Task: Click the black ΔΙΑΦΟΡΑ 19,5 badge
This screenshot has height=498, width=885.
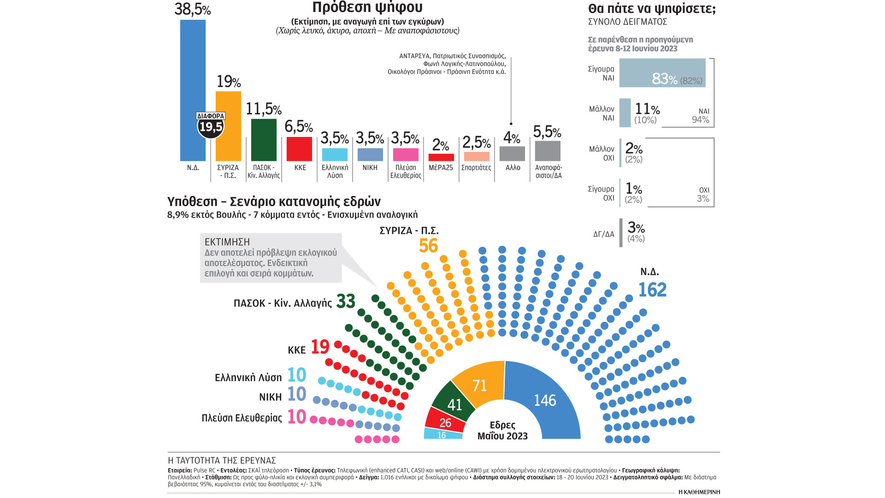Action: coord(211,125)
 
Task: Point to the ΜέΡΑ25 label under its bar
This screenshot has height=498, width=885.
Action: coord(441,168)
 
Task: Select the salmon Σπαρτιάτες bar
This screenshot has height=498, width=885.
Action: coord(476,156)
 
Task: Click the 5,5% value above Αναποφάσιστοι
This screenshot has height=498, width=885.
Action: coord(547,132)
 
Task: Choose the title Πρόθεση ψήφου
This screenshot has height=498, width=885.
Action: coord(367,7)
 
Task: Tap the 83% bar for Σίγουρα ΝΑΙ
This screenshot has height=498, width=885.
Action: coord(662,73)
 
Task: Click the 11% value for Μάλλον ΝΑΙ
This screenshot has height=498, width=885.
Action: coord(647,109)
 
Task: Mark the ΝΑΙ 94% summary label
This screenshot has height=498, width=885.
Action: coord(701,116)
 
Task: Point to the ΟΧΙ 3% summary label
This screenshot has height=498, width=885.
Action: coord(703,195)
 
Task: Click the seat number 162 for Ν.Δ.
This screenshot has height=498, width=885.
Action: coord(652,290)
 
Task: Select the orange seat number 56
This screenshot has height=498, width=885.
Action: coord(428,246)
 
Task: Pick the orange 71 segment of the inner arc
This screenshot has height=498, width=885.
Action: coord(480,385)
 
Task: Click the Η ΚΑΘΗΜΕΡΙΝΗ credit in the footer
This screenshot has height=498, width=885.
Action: coord(699,492)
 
